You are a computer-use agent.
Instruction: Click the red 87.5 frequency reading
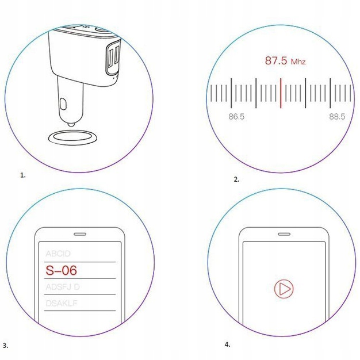pyautogui.click(x=276, y=60)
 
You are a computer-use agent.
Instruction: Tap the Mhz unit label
pyautogui.click(x=298, y=62)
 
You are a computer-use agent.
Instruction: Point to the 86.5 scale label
pyautogui.click(x=236, y=117)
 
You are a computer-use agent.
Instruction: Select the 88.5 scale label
pyautogui.click(x=337, y=117)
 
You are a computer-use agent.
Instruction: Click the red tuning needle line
pyautogui.click(x=281, y=93)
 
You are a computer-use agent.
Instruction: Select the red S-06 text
pyautogui.click(x=61, y=270)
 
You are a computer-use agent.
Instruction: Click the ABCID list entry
pyautogui.click(x=59, y=254)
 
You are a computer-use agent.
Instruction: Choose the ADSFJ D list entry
pyautogui.click(x=63, y=286)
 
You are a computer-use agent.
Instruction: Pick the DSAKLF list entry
pyautogui.click(x=62, y=302)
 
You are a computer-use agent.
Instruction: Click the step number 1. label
pyautogui.click(x=23, y=175)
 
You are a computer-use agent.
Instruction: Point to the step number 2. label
pyautogui.click(x=236, y=179)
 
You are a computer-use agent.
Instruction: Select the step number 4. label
pyautogui.click(x=227, y=344)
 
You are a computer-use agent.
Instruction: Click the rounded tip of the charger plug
pyautogui.click(x=71, y=123)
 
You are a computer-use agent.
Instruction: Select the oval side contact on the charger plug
pyautogui.click(x=63, y=106)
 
